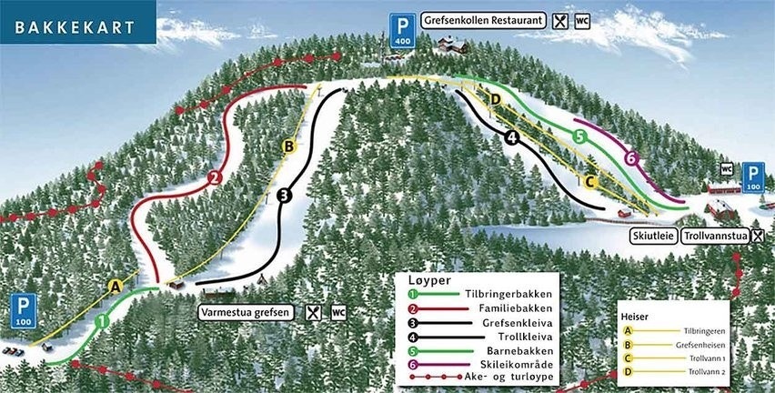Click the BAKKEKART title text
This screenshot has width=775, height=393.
(x=69, y=26)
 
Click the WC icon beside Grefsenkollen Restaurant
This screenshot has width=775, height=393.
(x=582, y=19)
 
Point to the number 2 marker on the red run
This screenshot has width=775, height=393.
(x=215, y=177)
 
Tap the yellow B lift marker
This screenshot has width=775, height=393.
(x=287, y=146)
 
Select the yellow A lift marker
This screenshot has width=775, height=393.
(x=115, y=286)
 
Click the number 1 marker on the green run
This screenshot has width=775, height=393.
(x=103, y=320)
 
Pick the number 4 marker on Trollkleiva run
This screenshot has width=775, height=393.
(x=511, y=138)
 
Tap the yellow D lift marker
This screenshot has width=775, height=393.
(x=496, y=98)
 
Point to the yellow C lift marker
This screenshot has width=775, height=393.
(x=589, y=182)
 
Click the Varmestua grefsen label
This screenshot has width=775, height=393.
(x=247, y=313)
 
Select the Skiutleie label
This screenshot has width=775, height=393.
(x=651, y=236)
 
